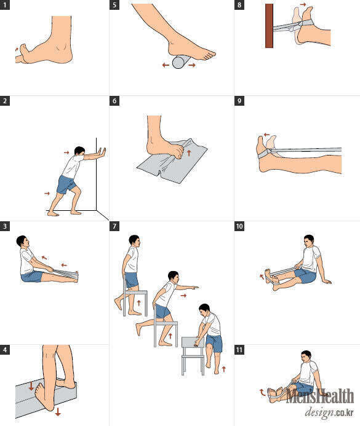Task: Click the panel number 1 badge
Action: [x=5, y=5]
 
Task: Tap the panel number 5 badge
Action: [x=114, y=5]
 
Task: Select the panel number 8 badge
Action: [x=239, y=5]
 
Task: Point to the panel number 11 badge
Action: [x=239, y=349]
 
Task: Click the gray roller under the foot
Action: [x=181, y=61]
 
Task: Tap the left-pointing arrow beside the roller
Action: [x=166, y=65]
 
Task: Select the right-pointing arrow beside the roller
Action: [x=191, y=65]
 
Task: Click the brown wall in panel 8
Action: [x=269, y=26]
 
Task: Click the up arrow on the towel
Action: [x=189, y=152]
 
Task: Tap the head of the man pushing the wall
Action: [x=79, y=151]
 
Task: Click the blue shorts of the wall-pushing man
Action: [x=66, y=184]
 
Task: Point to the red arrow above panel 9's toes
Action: [x=266, y=135]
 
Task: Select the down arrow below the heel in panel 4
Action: [x=58, y=411]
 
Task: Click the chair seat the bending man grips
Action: [x=193, y=342]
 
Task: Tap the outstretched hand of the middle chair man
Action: [x=195, y=287]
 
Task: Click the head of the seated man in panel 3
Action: [x=22, y=241]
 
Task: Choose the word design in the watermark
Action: [x=319, y=412]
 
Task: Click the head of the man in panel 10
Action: [x=308, y=241]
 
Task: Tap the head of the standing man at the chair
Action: [x=134, y=241]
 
